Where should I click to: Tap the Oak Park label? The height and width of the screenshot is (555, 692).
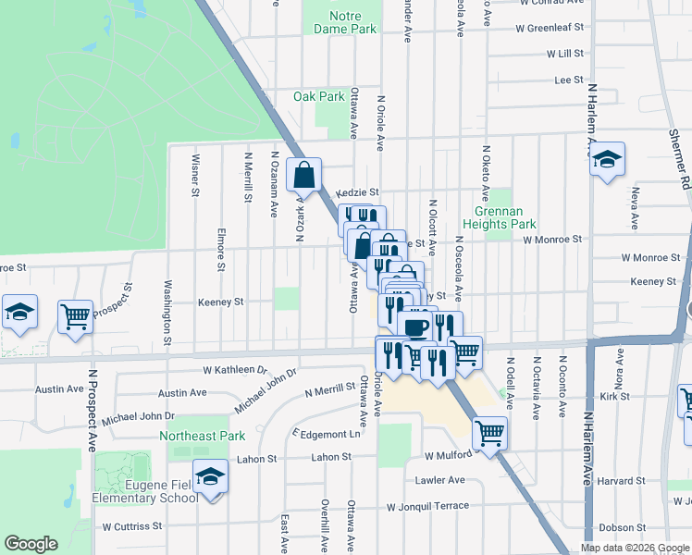click(318, 96)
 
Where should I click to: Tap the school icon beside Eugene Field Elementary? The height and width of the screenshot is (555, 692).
click(211, 476)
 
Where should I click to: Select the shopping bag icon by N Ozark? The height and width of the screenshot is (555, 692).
click(305, 173)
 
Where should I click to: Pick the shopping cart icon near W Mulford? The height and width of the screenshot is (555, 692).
click(489, 431)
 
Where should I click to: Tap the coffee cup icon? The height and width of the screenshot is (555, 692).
click(414, 327)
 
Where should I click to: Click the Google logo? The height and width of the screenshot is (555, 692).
click(31, 544)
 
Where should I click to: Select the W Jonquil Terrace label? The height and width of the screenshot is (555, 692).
click(427, 506)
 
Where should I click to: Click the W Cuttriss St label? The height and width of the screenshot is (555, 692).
click(131, 526)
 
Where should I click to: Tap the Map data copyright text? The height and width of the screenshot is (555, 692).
click(634, 548)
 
